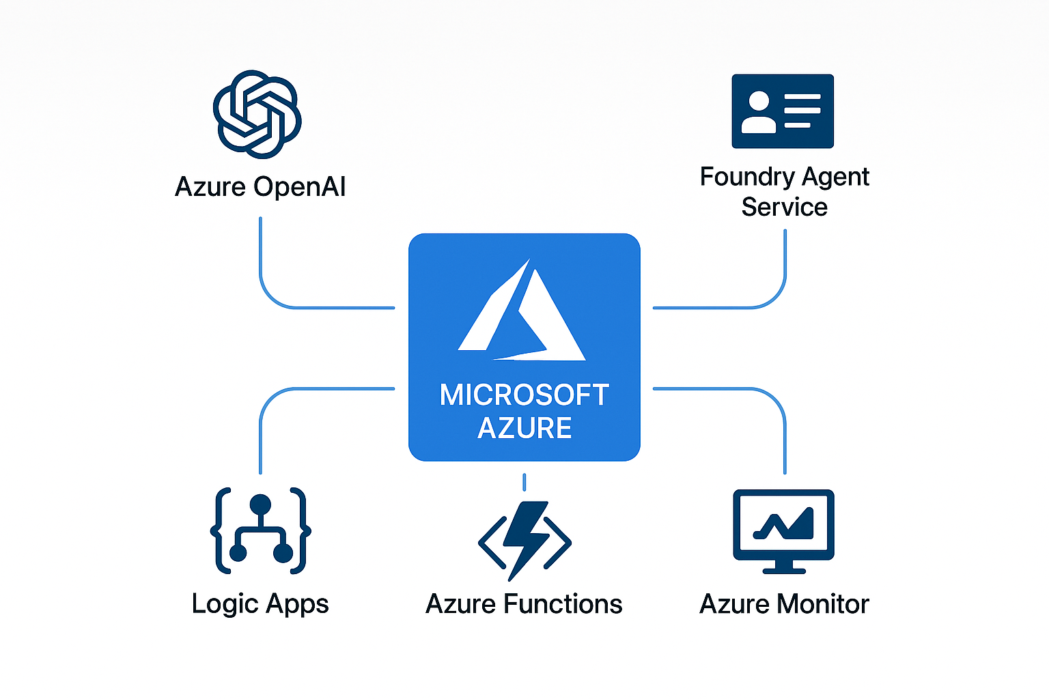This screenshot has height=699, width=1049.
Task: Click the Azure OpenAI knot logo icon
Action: [257, 114]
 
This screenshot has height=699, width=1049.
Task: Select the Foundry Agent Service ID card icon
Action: [783, 111]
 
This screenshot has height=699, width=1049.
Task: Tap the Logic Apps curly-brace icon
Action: [260, 530]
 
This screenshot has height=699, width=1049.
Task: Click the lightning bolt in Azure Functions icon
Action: [524, 539]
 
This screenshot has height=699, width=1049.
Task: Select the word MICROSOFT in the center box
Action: [524, 395]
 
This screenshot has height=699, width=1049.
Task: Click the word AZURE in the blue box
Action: [524, 429]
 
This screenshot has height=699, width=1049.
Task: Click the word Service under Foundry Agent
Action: [784, 208]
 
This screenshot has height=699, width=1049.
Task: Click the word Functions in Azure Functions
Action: [563, 604]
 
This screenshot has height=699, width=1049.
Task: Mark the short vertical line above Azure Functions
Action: [524, 482]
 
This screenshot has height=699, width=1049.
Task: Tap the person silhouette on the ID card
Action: [759, 113]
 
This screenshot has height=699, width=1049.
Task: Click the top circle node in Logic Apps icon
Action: [260, 505]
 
